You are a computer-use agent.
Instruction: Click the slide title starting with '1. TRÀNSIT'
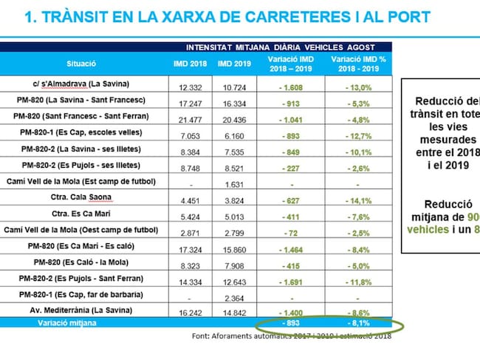[x=227, y=17]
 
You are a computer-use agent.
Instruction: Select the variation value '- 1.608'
[x=289, y=87]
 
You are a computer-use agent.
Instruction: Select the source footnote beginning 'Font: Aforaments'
[x=287, y=336]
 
